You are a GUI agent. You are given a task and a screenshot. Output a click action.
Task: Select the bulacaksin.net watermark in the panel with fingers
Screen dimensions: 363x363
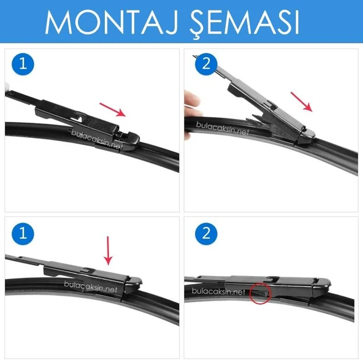224,129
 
